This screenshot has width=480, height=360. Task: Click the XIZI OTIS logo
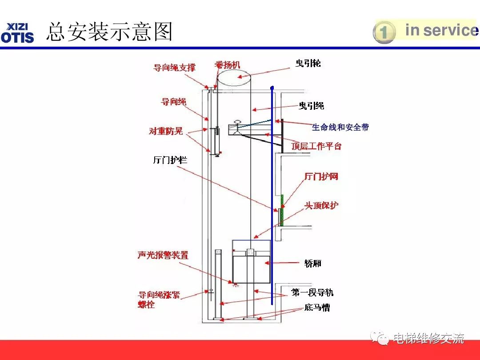18,32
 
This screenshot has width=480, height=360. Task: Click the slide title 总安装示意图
109,32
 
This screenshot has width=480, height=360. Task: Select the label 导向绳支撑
174,68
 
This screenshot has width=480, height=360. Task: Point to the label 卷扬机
227,65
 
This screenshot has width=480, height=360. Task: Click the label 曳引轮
308,64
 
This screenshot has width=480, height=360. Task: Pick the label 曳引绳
311,106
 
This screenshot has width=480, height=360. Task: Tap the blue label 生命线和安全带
340,127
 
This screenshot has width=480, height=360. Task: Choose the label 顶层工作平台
316,146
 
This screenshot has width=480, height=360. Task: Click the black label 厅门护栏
170,160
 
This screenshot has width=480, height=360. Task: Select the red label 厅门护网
321,176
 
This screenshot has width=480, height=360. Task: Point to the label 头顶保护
321,205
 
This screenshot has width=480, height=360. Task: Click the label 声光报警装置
163,256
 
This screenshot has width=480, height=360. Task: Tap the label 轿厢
313,263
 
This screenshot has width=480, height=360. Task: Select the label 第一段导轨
312,292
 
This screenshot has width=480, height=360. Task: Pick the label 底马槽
317,307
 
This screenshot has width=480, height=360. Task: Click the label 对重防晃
166,132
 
